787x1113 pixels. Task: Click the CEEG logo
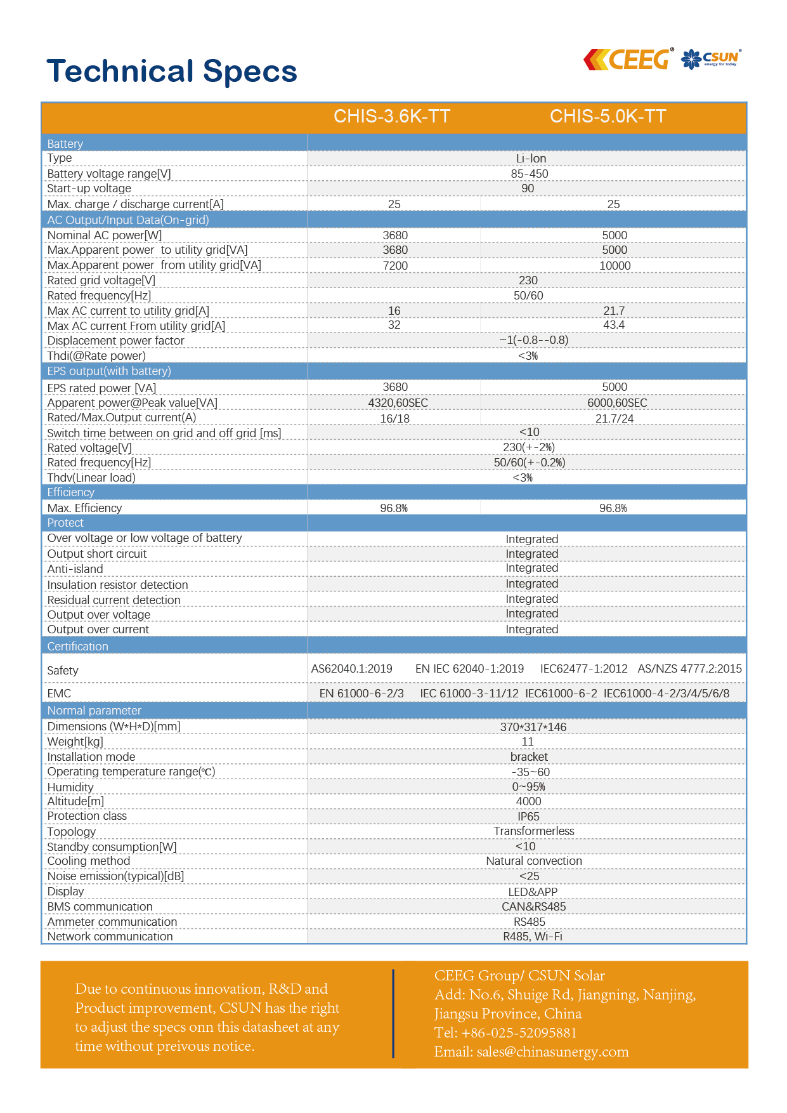coord(627,60)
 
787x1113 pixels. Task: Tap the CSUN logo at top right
coord(711,59)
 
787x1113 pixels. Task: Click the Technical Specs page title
coord(172,71)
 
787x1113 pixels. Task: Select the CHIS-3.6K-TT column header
coord(392,117)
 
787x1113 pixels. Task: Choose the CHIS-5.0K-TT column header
coord(608,117)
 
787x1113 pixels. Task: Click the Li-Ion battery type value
coord(531,159)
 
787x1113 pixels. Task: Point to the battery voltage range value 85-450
coord(530,174)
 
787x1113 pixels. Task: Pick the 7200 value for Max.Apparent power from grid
coord(395,266)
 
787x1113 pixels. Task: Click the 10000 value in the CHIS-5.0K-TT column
coord(615,266)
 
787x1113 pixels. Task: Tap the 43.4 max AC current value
coord(614,325)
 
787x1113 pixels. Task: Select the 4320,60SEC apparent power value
coord(398,403)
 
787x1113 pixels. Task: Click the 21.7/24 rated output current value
coord(614,419)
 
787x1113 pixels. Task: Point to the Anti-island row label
coord(75,569)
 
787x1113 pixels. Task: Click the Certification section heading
coord(77,647)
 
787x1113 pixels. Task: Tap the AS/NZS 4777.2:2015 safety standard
coord(689,669)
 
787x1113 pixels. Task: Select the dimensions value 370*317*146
coord(533,727)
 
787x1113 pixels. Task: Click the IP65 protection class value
coord(528,817)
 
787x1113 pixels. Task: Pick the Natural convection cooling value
coord(534,861)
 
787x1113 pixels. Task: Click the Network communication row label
coord(110,937)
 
